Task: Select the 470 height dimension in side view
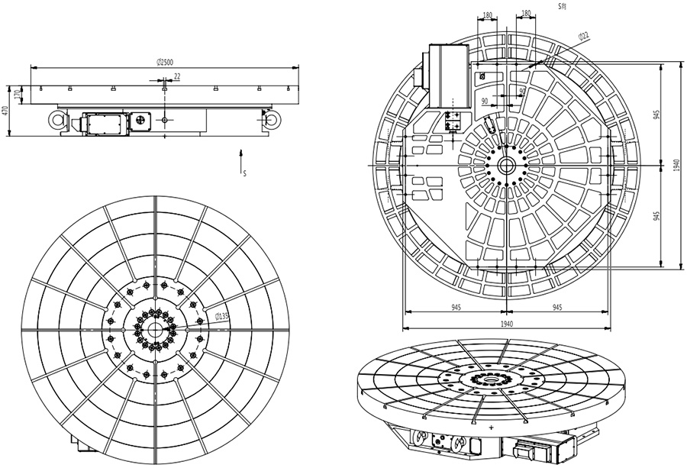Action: point(5,111)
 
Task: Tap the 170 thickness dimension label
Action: point(16,95)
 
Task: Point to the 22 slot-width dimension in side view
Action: point(177,76)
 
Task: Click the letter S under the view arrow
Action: point(244,173)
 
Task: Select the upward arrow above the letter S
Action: point(242,159)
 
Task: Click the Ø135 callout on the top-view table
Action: point(222,316)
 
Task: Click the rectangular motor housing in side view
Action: point(106,122)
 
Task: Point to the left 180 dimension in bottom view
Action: point(486,14)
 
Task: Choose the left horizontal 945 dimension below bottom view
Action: point(455,307)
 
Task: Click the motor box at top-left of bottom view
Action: point(448,76)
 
